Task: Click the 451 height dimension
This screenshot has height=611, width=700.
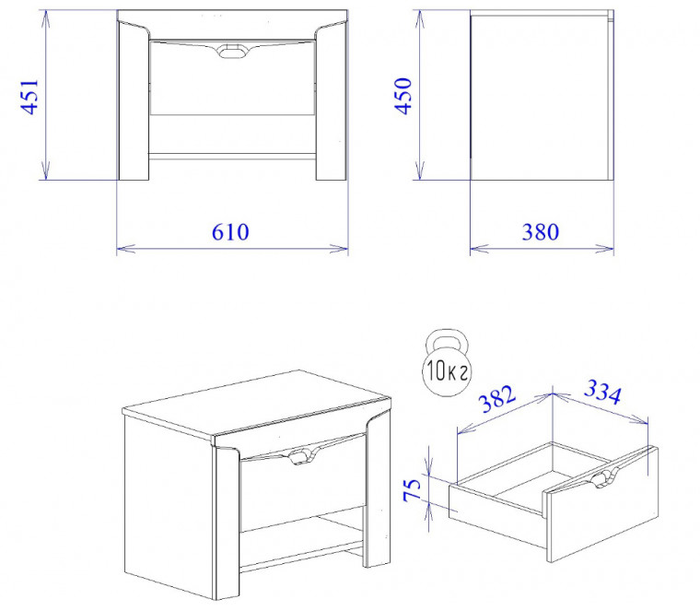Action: coord(29,97)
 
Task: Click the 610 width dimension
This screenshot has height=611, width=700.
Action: coord(230,232)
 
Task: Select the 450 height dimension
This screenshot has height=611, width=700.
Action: coord(403,96)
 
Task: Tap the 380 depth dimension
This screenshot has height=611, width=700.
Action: coord(541,232)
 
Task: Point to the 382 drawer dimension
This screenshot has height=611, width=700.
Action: coord(497,398)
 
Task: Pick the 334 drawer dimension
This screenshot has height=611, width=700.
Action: coord(602,392)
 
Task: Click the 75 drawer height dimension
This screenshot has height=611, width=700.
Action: coord(412,489)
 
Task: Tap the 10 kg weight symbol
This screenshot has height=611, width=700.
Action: coord(447,363)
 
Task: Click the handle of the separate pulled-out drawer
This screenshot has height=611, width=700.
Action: coord(602,478)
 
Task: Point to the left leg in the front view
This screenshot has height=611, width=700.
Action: coord(134,101)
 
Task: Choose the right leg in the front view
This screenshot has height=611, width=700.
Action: coord(332,101)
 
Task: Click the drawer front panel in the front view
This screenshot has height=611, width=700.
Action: coord(232,77)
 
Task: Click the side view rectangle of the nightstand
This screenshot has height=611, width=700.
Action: coord(542,95)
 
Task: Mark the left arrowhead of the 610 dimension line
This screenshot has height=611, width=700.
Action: coord(125,248)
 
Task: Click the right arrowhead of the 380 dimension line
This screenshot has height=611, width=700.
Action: coord(605,248)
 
